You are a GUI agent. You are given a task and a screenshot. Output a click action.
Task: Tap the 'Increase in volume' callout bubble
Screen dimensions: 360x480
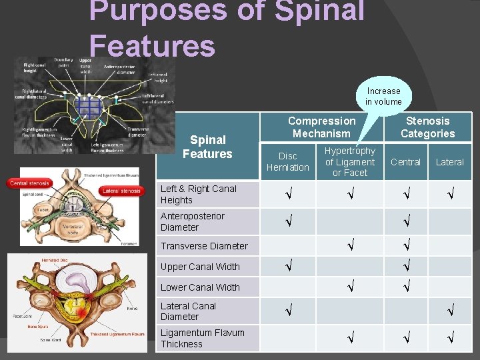[383, 96]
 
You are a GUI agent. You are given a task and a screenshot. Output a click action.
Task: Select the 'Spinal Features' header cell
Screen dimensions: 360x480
[207, 147]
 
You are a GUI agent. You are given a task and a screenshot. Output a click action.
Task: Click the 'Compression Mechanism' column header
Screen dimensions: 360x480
[321, 127]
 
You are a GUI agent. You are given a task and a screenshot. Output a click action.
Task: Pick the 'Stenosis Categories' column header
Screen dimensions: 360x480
[427, 127]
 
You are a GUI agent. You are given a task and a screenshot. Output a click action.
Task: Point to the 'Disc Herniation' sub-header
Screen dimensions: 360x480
[287, 162]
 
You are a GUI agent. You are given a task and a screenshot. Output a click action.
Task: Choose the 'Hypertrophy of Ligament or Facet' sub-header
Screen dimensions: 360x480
[350, 162]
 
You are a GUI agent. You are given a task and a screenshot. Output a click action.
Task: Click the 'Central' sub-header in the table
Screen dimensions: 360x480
[405, 162]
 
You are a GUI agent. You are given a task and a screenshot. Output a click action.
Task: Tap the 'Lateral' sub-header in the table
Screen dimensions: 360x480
[449, 162]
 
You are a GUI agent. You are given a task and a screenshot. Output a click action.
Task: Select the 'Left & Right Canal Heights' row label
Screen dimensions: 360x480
[199, 194]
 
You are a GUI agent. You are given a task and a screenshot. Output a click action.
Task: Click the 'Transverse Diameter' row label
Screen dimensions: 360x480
[204, 246]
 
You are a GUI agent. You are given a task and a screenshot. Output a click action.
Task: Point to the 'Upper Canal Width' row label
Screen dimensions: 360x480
[200, 267]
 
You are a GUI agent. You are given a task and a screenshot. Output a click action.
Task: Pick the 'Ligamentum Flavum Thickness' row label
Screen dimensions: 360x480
[203, 339]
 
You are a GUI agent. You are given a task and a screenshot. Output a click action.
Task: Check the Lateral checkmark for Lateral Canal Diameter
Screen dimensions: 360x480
[449, 310]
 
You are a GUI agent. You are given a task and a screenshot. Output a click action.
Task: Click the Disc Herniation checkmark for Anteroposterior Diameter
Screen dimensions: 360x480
[287, 221]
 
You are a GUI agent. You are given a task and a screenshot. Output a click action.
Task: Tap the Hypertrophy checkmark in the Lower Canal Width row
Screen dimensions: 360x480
[350, 287]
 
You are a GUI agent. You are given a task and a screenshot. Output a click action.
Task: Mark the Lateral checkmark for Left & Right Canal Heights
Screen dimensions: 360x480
[449, 194]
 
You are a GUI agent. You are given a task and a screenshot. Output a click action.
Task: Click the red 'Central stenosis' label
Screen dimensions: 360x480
[29, 183]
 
